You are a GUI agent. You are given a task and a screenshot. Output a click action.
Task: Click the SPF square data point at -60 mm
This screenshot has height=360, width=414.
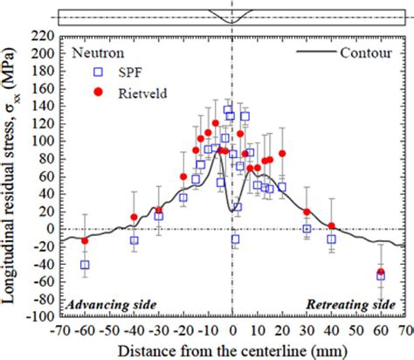coord(85,264)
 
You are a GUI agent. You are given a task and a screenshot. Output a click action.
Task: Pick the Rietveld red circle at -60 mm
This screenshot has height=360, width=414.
coord(85,241)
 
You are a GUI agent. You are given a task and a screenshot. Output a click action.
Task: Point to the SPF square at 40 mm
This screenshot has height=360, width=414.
coord(331,239)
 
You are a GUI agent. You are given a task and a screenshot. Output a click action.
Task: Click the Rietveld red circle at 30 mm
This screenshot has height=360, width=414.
coord(307,212)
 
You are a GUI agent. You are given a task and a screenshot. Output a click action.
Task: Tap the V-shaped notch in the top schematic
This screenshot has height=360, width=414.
coord(232,18)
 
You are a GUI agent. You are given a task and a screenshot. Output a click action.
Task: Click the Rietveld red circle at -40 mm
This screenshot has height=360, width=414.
coord(134,218)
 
